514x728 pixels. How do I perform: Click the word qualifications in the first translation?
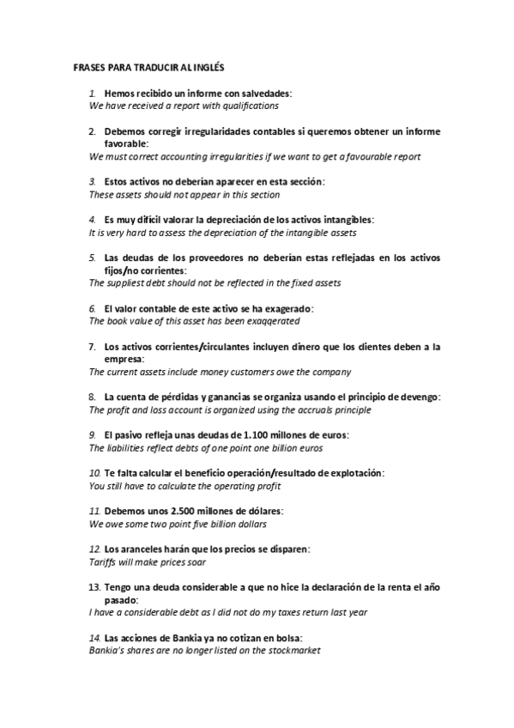pos(247,106)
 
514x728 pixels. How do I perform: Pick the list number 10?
pos(95,473)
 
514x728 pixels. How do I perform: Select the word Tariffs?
pos(104,561)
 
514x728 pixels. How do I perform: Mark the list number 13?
pos(94,587)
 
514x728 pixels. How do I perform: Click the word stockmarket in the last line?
pos(290,651)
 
